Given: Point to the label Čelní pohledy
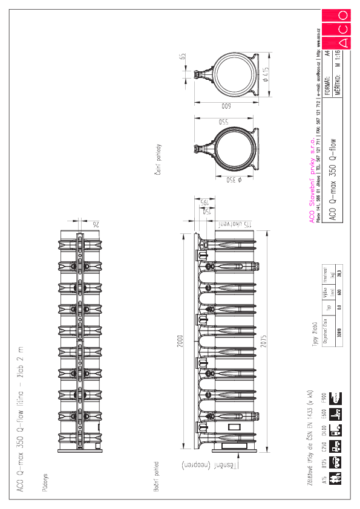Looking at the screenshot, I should pyautogui.click(x=156, y=160).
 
